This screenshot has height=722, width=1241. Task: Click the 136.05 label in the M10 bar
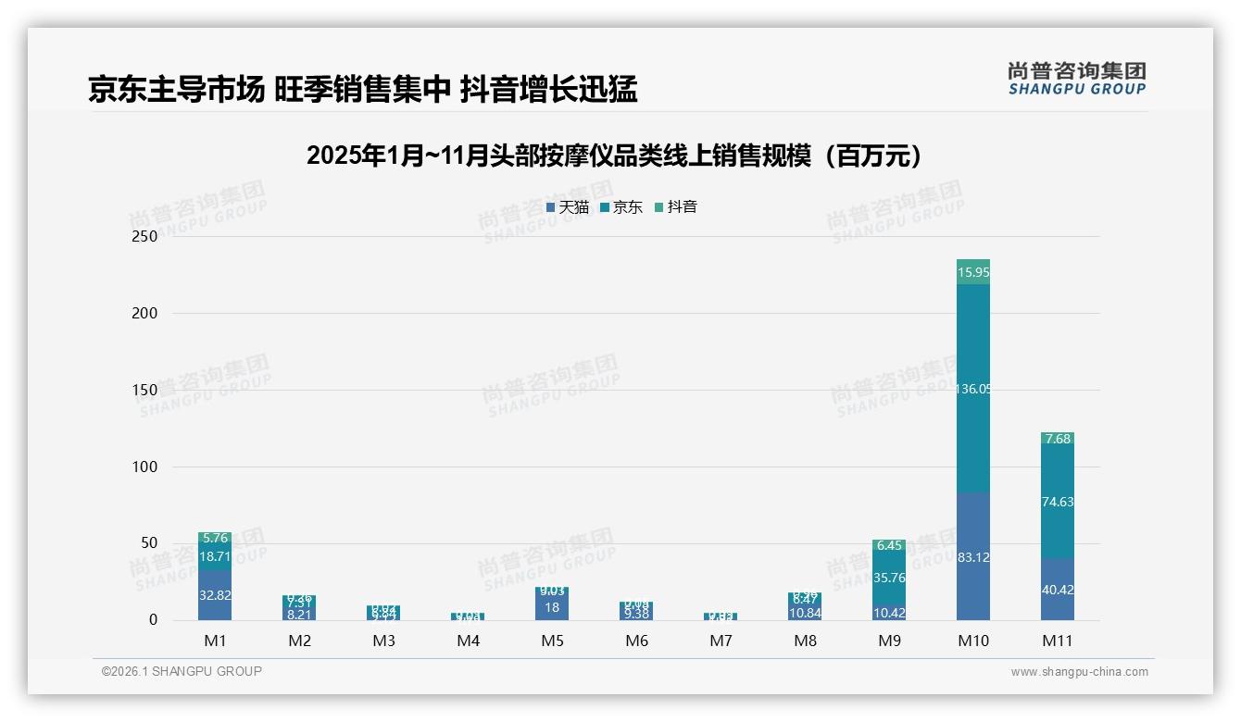pyautogui.click(x=972, y=389)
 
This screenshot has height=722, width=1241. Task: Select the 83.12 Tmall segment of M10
pyautogui.click(x=972, y=557)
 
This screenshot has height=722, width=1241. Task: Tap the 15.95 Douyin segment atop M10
pyautogui.click(x=972, y=272)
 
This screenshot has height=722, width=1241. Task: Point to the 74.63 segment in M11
pyautogui.click(x=1058, y=502)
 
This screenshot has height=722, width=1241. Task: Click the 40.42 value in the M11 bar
pyautogui.click(x=1058, y=590)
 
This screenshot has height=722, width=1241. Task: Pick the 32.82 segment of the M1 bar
pyautogui.click(x=215, y=595)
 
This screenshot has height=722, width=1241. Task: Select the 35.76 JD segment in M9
pyautogui.click(x=889, y=578)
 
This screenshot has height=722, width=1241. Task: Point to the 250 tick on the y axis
pyautogui.click(x=145, y=236)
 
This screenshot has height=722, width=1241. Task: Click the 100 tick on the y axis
pyautogui.click(x=145, y=467)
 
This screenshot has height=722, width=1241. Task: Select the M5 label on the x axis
pyautogui.click(x=552, y=641)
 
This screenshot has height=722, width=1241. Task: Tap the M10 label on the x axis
pyautogui.click(x=972, y=641)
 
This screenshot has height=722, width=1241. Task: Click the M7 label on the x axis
pyautogui.click(x=721, y=641)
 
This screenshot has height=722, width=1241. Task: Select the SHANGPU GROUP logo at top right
pyautogui.click(x=1076, y=79)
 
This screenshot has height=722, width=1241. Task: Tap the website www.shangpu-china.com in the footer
pyautogui.click(x=1079, y=672)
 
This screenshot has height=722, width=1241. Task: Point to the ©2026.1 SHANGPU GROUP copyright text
pyautogui.click(x=182, y=671)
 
